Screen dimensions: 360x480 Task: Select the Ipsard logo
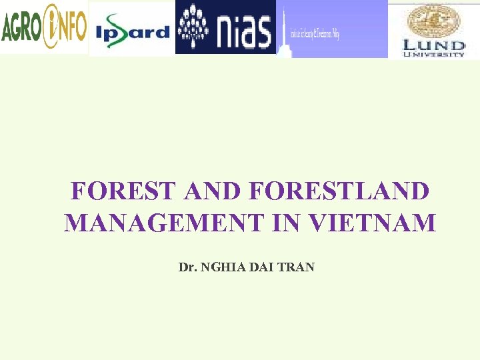132,30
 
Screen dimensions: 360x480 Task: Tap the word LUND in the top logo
433,45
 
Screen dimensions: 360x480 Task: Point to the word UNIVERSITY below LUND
433,55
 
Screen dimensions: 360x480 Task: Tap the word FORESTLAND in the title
340,191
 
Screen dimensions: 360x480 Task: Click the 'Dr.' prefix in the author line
187,267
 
